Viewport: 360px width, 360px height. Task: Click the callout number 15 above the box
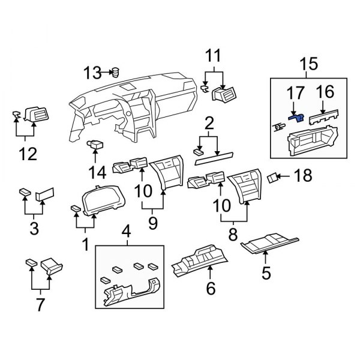point(308,63)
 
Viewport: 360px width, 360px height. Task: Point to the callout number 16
point(326,92)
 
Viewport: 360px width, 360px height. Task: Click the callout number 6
point(210,289)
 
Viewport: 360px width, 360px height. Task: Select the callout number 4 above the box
point(125,230)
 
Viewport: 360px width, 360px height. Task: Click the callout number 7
point(40,304)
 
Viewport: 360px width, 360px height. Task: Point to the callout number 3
point(34,229)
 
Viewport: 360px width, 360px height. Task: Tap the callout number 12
point(28,155)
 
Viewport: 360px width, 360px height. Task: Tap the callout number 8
point(234,231)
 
